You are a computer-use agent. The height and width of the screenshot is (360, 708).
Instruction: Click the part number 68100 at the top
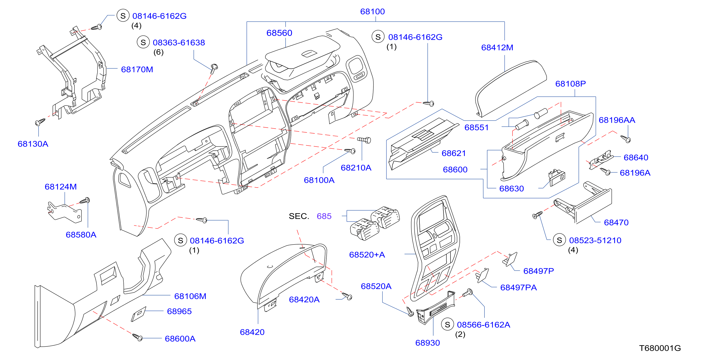(372, 12)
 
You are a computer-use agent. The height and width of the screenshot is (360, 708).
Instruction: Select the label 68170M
(137, 69)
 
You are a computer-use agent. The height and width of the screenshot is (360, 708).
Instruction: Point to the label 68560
(279, 33)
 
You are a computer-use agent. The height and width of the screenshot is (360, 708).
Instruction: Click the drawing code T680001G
(660, 348)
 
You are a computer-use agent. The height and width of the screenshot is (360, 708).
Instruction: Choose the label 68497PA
(518, 287)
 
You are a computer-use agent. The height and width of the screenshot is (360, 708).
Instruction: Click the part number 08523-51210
(595, 240)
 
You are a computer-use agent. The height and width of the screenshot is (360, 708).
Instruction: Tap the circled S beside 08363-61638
(143, 42)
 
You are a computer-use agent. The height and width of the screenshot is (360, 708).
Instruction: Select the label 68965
(179, 311)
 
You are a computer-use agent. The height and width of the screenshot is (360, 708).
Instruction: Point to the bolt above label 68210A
(364, 140)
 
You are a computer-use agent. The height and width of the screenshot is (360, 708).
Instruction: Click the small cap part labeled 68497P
(510, 259)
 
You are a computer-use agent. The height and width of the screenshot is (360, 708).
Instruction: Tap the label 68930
(427, 343)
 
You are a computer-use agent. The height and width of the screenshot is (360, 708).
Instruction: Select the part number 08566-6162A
(483, 325)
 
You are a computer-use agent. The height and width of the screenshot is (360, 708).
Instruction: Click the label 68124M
(61, 187)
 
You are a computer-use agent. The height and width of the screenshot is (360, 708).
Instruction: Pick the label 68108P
(571, 84)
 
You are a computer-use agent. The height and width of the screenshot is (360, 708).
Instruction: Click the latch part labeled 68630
(556, 177)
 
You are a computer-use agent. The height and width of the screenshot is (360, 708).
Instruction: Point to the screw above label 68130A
(40, 122)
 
